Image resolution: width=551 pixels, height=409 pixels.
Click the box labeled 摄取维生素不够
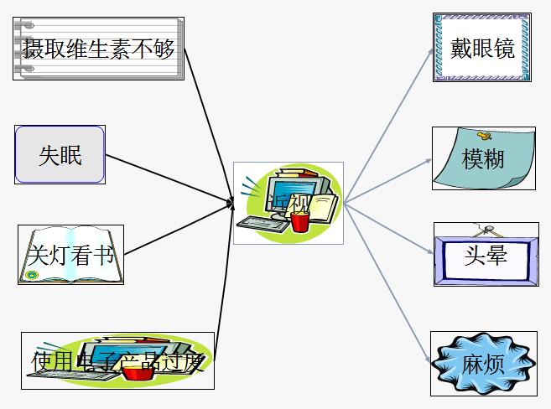coord(98,49)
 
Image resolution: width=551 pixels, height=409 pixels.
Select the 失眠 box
coord(60,154)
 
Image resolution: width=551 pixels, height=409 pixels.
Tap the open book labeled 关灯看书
coord(70,255)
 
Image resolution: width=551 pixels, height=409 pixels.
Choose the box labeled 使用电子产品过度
coord(117,360)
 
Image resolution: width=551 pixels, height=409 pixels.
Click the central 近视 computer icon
coord(288,203)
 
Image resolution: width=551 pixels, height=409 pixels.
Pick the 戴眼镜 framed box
coord(481,48)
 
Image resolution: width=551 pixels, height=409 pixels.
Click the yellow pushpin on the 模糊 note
coord(484,134)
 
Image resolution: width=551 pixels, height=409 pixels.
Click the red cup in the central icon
coord(300,220)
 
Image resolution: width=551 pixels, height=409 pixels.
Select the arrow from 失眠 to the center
coord(168,178)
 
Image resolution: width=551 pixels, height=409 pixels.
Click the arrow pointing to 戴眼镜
coord(389,125)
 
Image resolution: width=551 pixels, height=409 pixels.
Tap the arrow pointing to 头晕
coord(390,225)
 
